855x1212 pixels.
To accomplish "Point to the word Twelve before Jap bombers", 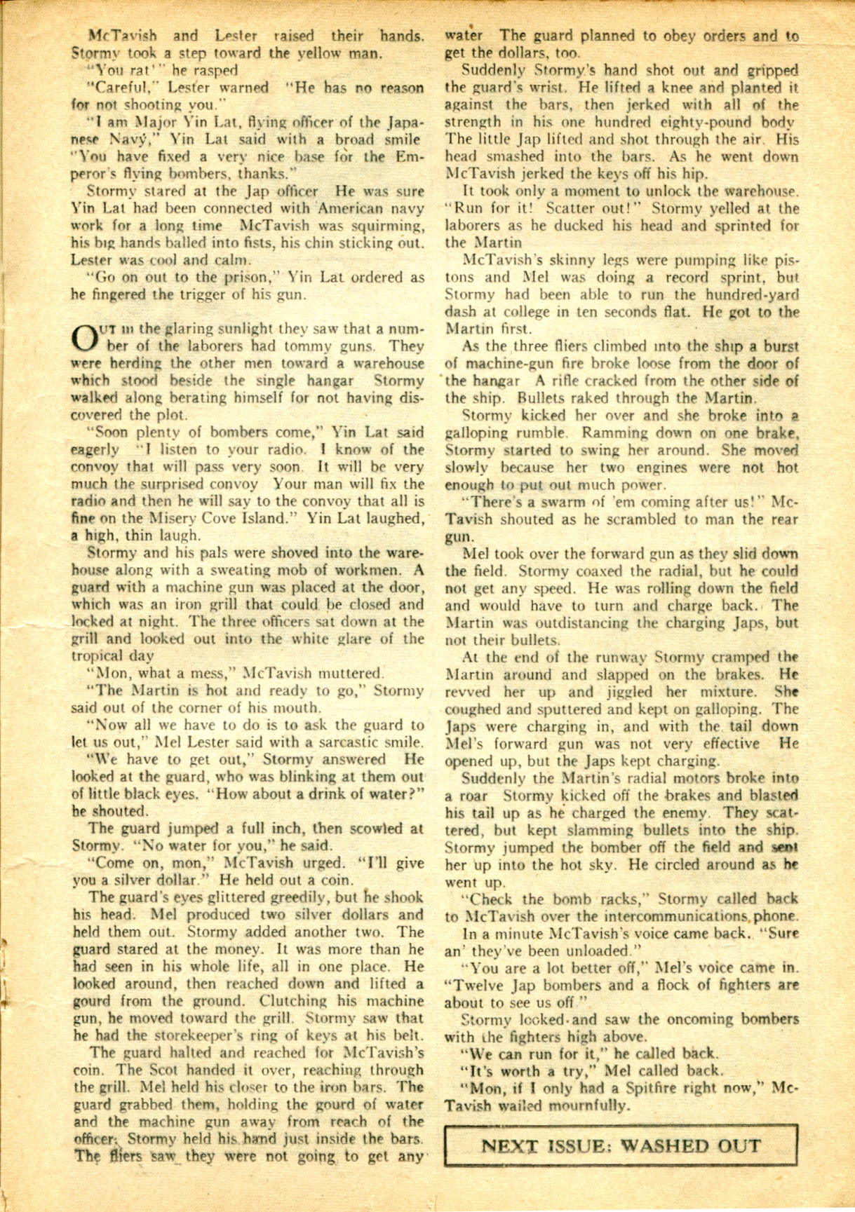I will pos(470,985).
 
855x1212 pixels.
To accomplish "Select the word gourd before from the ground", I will pos(93,1002).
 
